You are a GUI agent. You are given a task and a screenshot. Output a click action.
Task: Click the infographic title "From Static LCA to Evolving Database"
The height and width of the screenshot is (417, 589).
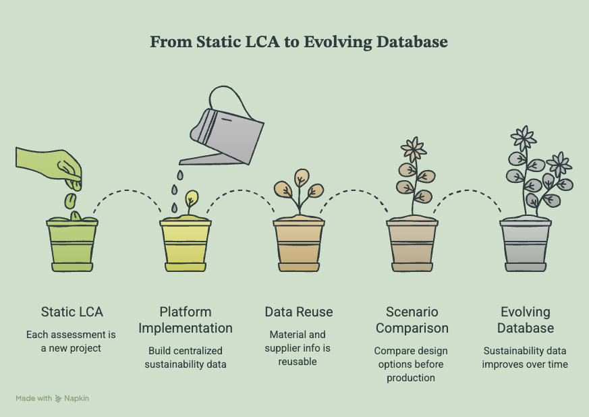click(299, 42)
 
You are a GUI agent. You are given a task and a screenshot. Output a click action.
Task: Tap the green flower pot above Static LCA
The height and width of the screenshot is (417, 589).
click(72, 244)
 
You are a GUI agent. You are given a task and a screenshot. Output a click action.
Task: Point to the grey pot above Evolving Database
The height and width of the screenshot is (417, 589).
click(525, 244)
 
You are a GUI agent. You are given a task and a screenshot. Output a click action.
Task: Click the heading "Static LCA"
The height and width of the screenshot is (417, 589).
click(72, 312)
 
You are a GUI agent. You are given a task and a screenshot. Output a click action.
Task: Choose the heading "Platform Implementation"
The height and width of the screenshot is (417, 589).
click(186, 320)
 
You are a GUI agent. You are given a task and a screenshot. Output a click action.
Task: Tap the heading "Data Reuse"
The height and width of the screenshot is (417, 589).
click(299, 312)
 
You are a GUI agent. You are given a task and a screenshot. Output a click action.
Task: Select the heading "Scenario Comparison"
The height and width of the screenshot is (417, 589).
click(412, 320)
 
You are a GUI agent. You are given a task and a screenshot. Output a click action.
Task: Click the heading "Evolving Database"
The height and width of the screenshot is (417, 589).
click(526, 320)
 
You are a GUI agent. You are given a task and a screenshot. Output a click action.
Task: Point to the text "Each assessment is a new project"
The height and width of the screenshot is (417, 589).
click(71, 341)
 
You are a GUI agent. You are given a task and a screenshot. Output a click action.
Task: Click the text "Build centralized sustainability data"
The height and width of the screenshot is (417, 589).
click(186, 357)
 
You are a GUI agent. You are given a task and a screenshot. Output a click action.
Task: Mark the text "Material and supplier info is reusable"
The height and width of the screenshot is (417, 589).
click(298, 348)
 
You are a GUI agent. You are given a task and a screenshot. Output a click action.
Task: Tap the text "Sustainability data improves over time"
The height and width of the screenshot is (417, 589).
click(525, 357)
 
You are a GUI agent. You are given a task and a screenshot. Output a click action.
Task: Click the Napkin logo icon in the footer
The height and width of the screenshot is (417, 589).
click(58, 399)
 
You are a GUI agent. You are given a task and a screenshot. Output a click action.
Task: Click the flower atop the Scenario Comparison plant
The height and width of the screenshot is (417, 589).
click(414, 150)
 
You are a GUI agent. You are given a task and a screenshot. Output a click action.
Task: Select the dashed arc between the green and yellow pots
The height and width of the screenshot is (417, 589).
click(127, 191)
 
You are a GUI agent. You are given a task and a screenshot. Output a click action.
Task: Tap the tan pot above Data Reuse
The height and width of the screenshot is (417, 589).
click(299, 244)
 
